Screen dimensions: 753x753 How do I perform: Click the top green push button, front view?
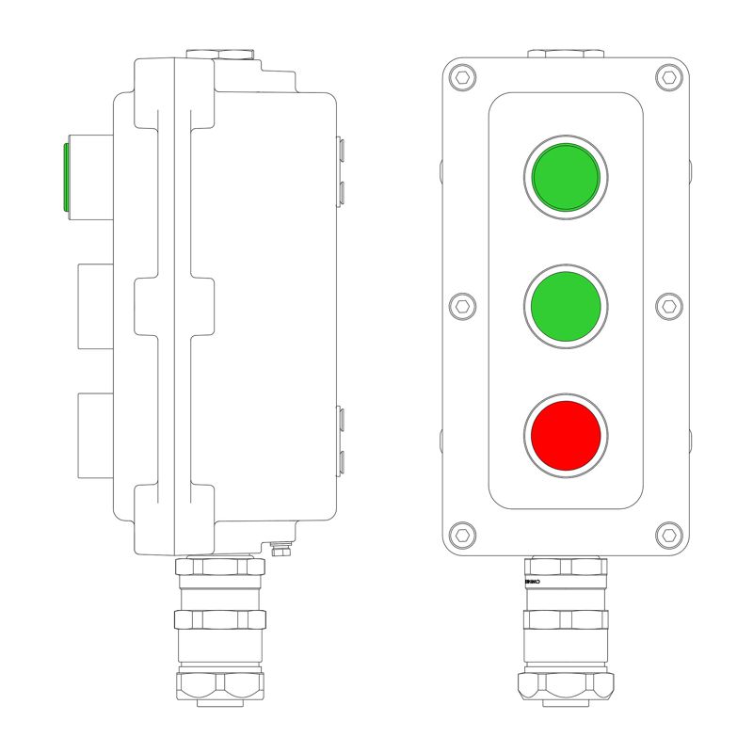pos(566,177)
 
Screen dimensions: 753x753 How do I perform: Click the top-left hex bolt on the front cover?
pos(461,77)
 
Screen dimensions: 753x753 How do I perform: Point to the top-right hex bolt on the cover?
pos(669,77)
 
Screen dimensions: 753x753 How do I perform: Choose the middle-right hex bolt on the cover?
pos(669,306)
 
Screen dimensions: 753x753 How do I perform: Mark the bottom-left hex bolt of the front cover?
pos(461,535)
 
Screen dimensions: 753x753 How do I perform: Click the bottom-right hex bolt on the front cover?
pos(669,535)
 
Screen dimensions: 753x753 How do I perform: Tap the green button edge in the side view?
pos(65,177)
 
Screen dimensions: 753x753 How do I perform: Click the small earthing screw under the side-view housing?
pos(280,550)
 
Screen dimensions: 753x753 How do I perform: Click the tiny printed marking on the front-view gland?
pos(532,584)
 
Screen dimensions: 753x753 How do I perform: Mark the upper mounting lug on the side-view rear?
pos(342,169)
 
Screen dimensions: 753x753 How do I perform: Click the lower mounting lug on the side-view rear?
pos(342,438)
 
